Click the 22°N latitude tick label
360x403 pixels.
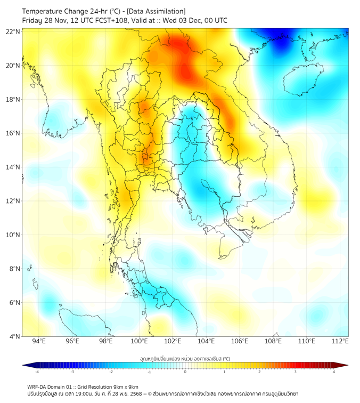point(13,31)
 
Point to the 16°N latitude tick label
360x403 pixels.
point(13,133)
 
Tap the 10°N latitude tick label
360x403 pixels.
point(13,235)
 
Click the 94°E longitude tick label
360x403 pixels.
point(39,342)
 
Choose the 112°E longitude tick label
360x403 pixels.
point(340,342)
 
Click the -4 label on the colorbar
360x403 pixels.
point(37,372)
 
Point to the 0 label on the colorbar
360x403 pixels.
point(185,372)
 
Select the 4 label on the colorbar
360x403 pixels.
point(334,372)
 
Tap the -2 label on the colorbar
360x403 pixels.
point(111,372)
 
